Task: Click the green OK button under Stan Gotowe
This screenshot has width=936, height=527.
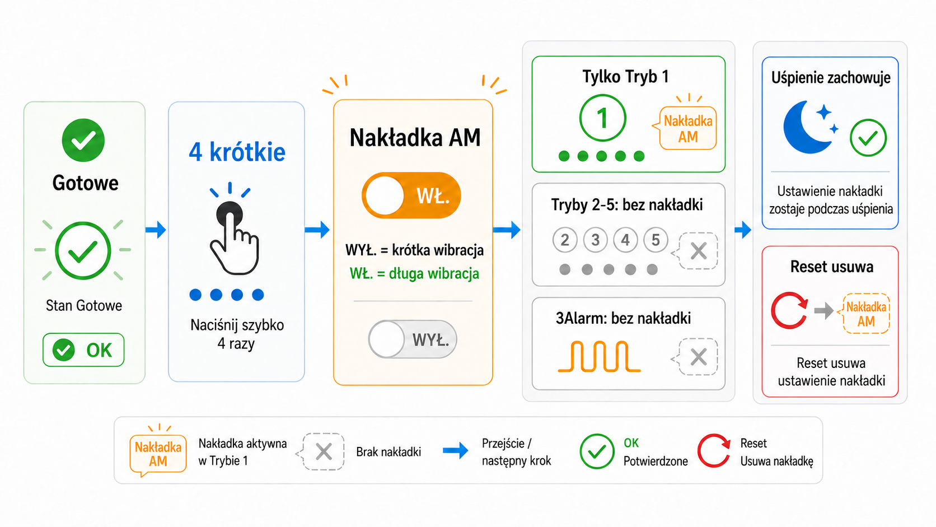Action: (x=83, y=350)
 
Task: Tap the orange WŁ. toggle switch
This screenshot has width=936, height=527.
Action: (x=411, y=195)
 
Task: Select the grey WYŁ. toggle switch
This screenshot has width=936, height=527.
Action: (x=413, y=339)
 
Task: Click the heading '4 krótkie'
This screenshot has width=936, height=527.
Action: (x=237, y=152)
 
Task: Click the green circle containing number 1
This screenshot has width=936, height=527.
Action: (x=602, y=118)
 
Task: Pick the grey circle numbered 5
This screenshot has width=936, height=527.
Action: (x=656, y=240)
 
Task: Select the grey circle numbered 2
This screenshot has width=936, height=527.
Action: (x=565, y=240)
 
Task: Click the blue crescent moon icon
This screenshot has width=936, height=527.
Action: (x=804, y=128)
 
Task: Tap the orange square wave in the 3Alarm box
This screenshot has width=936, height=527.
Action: (x=599, y=357)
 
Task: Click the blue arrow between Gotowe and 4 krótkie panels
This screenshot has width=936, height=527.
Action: (x=156, y=230)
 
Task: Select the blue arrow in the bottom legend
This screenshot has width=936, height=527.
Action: (x=456, y=450)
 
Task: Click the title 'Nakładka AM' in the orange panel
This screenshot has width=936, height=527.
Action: (x=415, y=138)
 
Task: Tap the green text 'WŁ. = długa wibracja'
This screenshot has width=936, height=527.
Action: (x=414, y=274)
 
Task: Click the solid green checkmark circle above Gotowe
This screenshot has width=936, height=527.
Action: (x=83, y=140)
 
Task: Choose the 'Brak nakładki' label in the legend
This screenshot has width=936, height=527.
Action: (x=388, y=452)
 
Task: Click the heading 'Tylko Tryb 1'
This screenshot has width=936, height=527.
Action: (x=625, y=77)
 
